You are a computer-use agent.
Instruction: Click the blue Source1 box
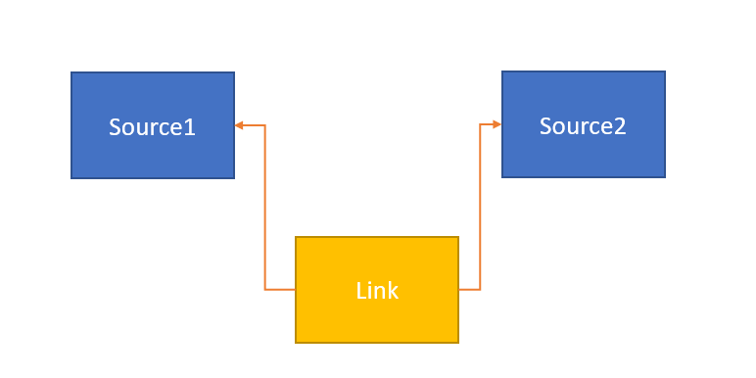click(153, 125)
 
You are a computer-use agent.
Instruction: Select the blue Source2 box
click(584, 124)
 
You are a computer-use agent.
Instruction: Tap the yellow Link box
click(377, 290)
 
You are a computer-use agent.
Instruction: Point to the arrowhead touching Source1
click(239, 125)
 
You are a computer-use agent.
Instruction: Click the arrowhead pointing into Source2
click(497, 124)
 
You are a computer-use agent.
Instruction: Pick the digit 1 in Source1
click(190, 127)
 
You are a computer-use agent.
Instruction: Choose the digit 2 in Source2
click(620, 126)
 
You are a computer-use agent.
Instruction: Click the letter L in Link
click(359, 291)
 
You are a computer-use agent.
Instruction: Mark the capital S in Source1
click(115, 127)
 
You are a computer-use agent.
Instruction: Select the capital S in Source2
click(545, 126)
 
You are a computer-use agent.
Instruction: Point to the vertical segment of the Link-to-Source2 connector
click(480, 207)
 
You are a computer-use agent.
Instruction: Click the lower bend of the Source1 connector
click(265, 290)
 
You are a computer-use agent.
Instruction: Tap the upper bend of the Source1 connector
click(265, 125)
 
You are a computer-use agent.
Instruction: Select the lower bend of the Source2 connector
click(480, 290)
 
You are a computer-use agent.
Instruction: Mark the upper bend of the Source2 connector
click(480, 124)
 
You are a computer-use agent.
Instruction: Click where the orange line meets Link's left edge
click(296, 290)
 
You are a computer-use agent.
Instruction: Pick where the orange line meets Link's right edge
click(458, 290)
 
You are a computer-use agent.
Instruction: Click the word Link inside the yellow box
click(377, 291)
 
